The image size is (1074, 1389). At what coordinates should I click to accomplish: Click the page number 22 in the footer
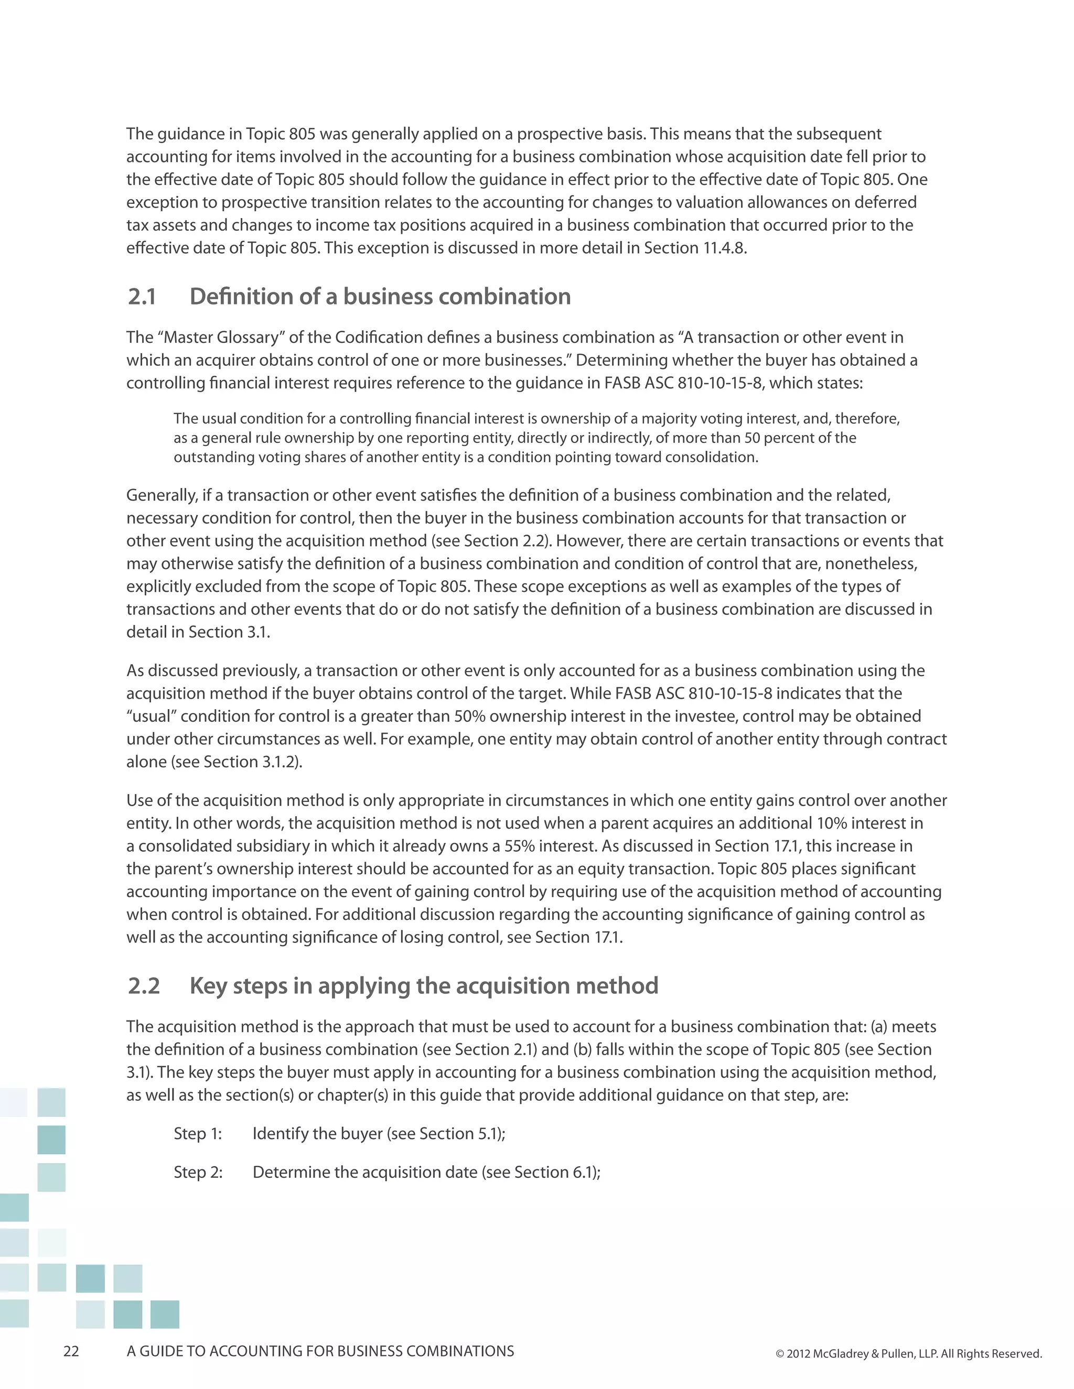71,1351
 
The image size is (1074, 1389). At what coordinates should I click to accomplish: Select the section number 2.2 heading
144,986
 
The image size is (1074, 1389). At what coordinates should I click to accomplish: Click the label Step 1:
198,1134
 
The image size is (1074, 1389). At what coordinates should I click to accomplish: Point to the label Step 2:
198,1172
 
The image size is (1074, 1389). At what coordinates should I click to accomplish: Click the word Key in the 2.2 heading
208,986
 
